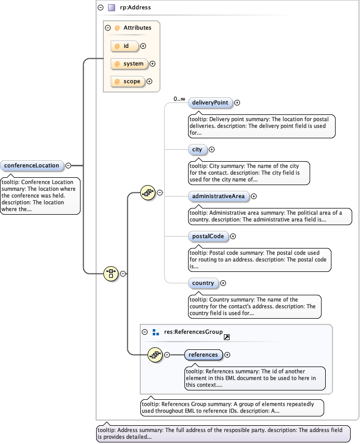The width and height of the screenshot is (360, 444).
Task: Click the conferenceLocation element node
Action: pos(33,166)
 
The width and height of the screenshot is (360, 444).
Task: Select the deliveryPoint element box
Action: pos(210,103)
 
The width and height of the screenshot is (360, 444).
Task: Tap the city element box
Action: pos(197,150)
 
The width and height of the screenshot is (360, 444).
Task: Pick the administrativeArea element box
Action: pos(218,197)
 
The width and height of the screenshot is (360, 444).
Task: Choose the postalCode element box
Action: pos(208,236)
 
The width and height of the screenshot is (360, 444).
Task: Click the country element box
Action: pos(203,283)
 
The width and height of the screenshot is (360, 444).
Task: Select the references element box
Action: pos(203,355)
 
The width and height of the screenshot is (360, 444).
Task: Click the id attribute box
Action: pos(125,46)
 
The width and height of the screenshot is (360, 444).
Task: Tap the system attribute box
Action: pos(129,64)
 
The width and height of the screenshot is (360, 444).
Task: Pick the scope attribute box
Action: pos(127,82)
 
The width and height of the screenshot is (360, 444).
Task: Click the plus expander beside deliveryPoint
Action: pos(237,103)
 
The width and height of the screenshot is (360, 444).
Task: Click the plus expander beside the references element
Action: pos(227,355)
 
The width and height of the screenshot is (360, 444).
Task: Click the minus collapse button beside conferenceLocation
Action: pos(69,166)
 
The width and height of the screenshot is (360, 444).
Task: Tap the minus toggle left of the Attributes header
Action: pos(108,28)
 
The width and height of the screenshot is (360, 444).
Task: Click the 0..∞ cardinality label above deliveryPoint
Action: pos(179,99)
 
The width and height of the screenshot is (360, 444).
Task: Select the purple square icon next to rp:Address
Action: pos(111,8)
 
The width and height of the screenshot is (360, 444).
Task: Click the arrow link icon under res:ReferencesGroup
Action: pos(226,337)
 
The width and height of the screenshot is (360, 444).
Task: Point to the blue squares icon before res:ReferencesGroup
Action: pos(155,332)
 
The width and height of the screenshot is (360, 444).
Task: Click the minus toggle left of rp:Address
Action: pos(100,8)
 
